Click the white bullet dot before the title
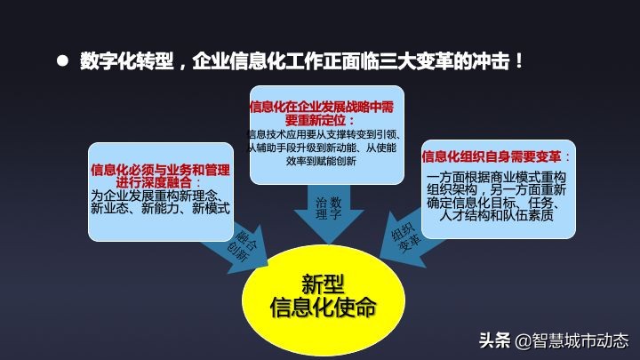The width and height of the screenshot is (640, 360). (x=62, y=62)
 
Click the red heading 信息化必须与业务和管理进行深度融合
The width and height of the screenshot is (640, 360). (x=161, y=176)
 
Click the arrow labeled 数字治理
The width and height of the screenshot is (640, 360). (x=328, y=211)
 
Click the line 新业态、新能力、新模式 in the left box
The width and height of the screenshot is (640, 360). (x=161, y=209)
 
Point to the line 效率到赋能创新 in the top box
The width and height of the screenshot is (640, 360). (x=321, y=162)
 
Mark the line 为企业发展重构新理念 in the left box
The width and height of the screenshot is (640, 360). (x=156, y=196)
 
